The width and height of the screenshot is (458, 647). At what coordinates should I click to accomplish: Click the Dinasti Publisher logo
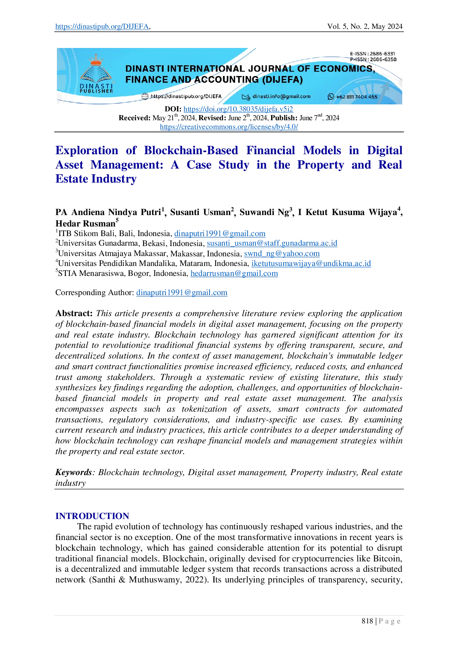click(96, 74)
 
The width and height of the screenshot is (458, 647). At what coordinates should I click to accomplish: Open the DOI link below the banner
click(238, 109)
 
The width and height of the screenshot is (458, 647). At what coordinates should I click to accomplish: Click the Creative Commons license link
click(229, 127)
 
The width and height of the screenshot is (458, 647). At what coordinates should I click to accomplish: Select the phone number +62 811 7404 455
click(357, 97)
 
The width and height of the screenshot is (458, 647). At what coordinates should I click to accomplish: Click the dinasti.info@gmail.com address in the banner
click(281, 97)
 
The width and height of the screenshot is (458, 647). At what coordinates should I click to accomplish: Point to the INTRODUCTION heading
click(92, 516)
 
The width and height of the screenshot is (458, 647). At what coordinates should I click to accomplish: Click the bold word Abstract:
click(74, 313)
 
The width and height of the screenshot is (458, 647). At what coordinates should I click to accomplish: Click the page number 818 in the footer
click(367, 621)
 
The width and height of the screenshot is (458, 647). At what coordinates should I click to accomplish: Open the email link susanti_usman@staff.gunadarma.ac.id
click(272, 243)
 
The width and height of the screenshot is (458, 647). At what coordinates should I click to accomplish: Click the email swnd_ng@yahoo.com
click(282, 253)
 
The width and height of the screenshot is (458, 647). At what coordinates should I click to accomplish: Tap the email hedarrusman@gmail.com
click(234, 273)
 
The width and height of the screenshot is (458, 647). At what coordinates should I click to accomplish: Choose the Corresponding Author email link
click(182, 293)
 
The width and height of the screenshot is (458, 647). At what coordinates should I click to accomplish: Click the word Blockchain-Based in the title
click(191, 150)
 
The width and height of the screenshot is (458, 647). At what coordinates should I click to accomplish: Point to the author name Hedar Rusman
click(85, 224)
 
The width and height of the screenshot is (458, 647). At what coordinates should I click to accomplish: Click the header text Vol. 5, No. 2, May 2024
click(365, 27)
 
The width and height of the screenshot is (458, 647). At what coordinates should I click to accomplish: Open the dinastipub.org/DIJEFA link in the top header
click(102, 27)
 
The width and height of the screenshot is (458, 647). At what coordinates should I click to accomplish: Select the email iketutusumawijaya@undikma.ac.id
click(311, 263)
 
